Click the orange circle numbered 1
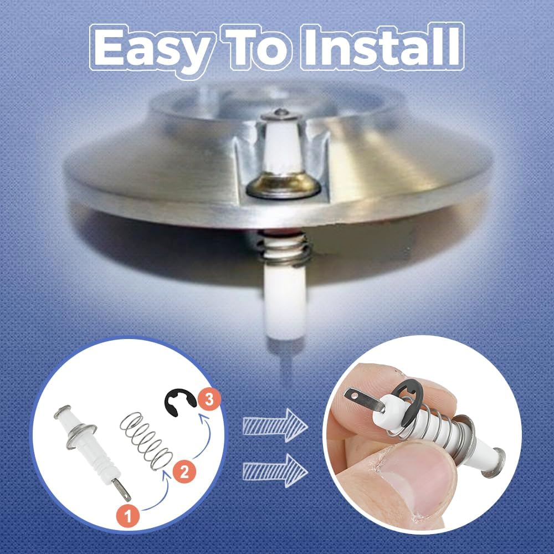(x=128, y=516)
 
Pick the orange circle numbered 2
(x=184, y=471)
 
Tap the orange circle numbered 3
(x=209, y=399)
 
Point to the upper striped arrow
(x=275, y=425)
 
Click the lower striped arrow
(x=275, y=470)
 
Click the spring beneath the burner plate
(x=284, y=248)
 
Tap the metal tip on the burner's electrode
(x=281, y=114)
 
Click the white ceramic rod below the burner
(x=284, y=302)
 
